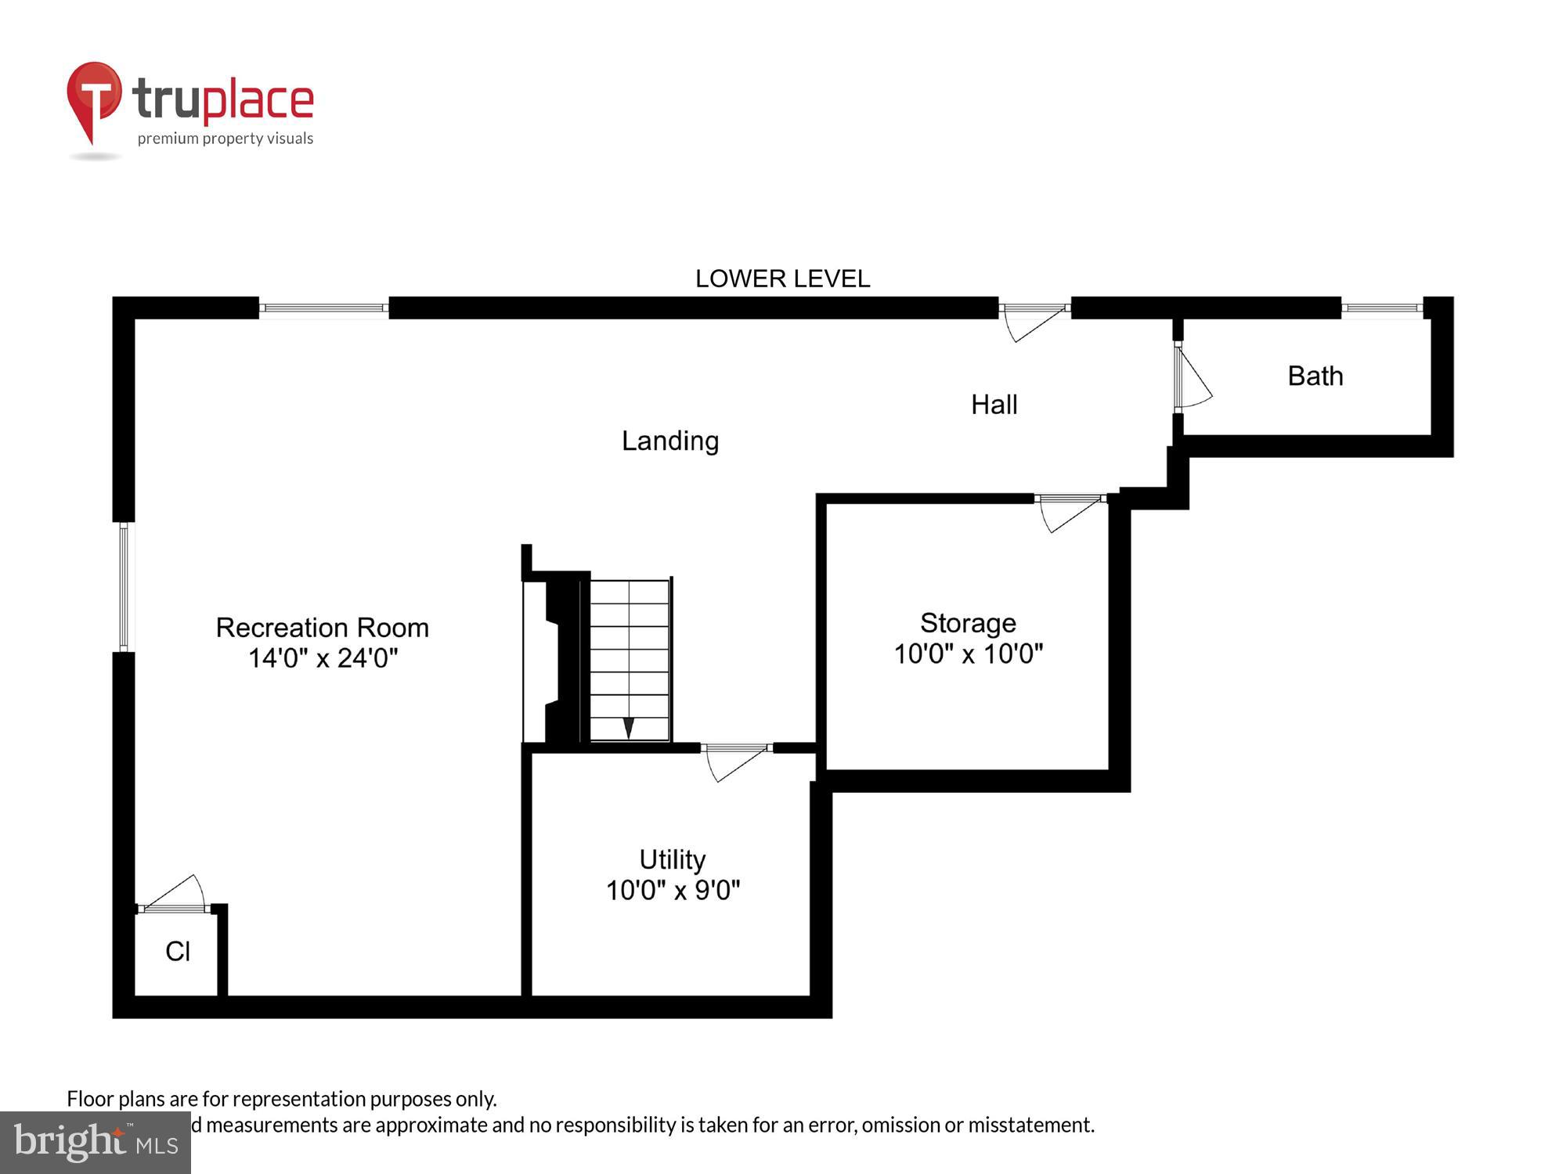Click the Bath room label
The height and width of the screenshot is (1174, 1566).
click(1315, 376)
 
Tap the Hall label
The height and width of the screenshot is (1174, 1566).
click(994, 405)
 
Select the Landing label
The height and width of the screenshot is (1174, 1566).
click(670, 441)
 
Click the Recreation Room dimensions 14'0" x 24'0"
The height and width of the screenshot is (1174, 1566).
click(323, 658)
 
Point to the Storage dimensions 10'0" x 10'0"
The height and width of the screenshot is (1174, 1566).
click(968, 654)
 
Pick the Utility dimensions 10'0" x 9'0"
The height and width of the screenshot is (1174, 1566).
click(673, 890)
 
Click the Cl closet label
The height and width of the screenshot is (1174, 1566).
click(178, 952)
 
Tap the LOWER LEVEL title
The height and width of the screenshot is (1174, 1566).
click(782, 279)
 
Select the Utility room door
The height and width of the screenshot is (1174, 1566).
click(736, 761)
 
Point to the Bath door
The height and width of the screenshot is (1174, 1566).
click(1191, 377)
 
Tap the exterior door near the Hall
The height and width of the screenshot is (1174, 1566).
click(1034, 320)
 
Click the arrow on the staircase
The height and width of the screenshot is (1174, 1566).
click(628, 727)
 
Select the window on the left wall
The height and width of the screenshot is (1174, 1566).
click(124, 587)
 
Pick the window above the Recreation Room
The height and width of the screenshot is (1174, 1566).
click(323, 308)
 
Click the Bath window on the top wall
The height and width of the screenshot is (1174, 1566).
click(1381, 308)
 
